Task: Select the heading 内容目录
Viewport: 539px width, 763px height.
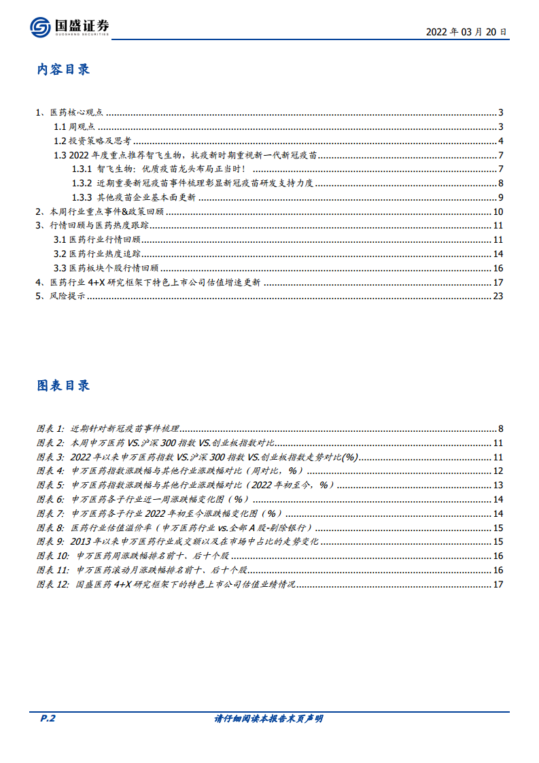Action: [x=63, y=69]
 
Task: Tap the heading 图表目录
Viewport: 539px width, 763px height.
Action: [x=63, y=386]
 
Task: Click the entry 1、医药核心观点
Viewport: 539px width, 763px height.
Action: [x=69, y=113]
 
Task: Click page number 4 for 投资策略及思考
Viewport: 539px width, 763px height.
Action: [x=500, y=141]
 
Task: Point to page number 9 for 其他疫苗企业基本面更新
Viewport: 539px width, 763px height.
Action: [x=500, y=198]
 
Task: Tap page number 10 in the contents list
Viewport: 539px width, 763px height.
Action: [x=498, y=212]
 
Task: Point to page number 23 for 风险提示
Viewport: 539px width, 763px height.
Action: [x=498, y=296]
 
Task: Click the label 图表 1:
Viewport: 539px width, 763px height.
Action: [x=50, y=428]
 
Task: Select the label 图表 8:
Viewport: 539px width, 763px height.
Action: [x=50, y=528]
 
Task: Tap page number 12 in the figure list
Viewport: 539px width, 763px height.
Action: [x=498, y=471]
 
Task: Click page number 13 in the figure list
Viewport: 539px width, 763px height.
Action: [x=498, y=485]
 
